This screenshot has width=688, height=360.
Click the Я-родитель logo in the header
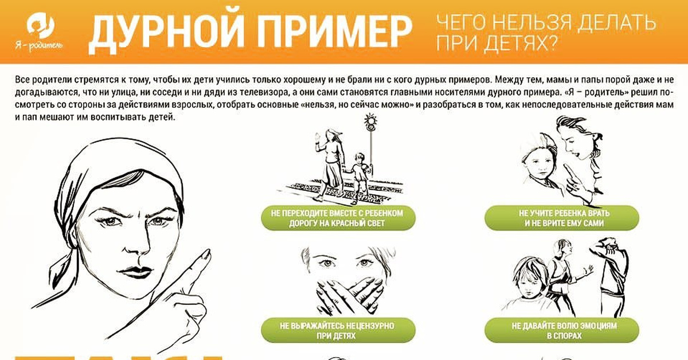(x=40, y=32)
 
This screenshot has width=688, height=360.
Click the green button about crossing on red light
(x=338, y=218)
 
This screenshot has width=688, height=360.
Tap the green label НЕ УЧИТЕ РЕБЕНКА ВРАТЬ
(x=562, y=218)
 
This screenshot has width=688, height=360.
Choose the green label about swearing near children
(x=338, y=331)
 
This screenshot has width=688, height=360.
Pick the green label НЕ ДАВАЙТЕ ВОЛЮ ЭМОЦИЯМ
(x=562, y=331)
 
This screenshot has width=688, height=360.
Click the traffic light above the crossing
(x=371, y=123)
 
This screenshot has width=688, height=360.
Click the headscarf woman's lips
(x=135, y=272)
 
